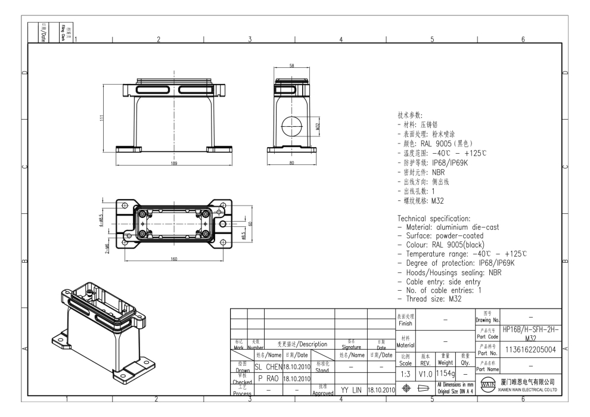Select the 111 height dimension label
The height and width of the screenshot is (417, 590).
pyautogui.click(x=103, y=118)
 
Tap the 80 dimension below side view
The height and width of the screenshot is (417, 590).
pyautogui.click(x=292, y=163)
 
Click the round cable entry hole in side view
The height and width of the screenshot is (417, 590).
pyautogui.click(x=291, y=127)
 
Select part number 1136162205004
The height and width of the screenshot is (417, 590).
pyautogui.click(x=530, y=350)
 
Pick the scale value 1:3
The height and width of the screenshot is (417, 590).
pyautogui.click(x=405, y=376)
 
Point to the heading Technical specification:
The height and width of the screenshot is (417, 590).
pyautogui.click(x=437, y=219)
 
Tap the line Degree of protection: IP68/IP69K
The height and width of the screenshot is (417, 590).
pyautogui.click(x=459, y=263)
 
